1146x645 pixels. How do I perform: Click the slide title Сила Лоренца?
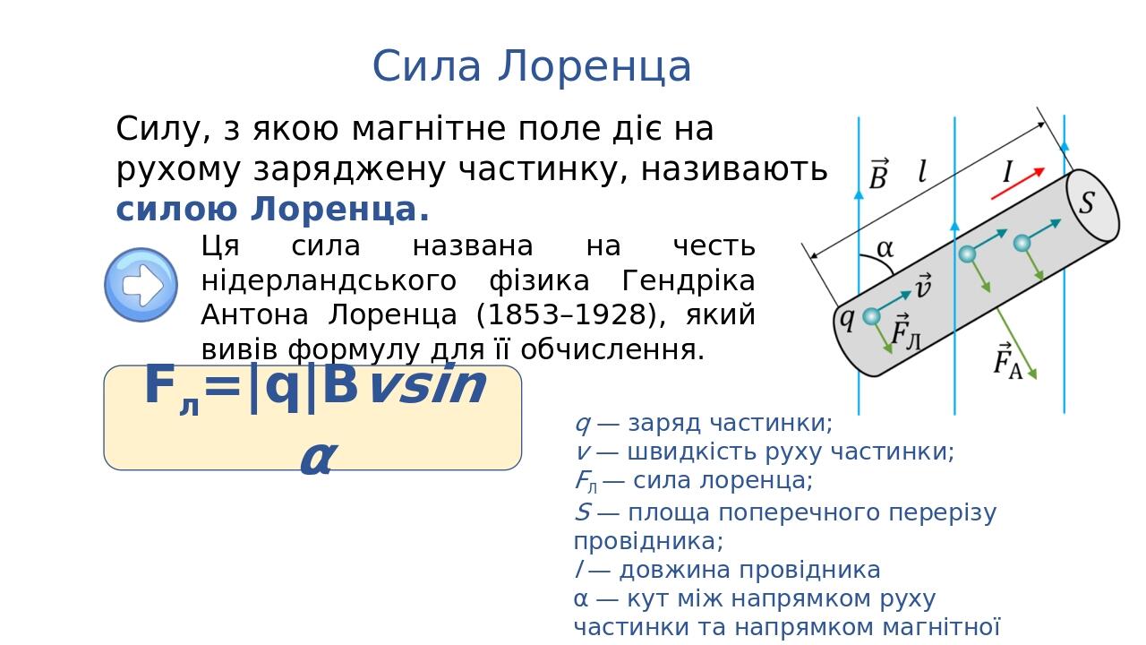coord(532,66)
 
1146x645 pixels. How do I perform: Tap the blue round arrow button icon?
coord(141,285)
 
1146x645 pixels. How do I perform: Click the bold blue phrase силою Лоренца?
coord(272,210)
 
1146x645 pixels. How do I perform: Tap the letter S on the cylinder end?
coord(1086,202)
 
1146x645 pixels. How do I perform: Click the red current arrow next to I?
coord(1018,183)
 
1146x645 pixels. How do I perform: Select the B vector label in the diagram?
coord(878,176)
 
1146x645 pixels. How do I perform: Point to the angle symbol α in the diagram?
coord(885,248)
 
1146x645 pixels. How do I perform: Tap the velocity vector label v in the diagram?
coord(922,287)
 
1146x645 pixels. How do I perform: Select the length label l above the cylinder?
coord(922,172)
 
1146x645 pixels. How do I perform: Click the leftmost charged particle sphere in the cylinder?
coord(871,316)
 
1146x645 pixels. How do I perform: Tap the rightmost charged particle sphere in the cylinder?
coord(1022,243)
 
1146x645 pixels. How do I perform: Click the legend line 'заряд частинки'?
coord(703,423)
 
